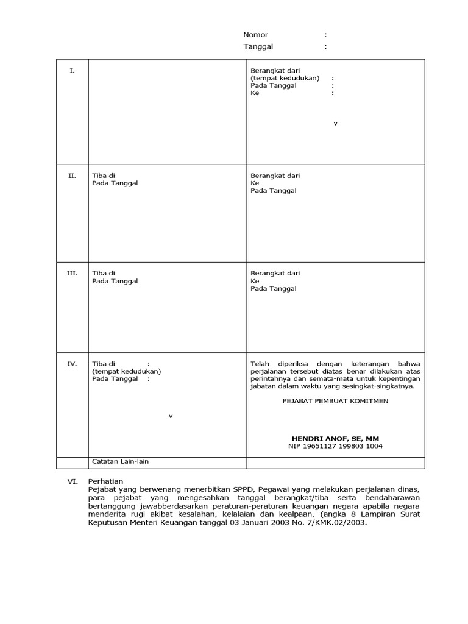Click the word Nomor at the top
pyautogui.click(x=255, y=35)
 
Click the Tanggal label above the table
pyautogui.click(x=258, y=46)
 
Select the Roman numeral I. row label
pyautogui.click(x=72, y=71)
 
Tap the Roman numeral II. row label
pyautogui.click(x=72, y=175)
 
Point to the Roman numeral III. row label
pyautogui.click(x=72, y=273)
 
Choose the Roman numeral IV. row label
pyautogui.click(x=72, y=364)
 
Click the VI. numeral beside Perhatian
pyautogui.click(x=72, y=481)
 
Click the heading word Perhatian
pyautogui.click(x=105, y=481)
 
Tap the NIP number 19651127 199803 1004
pyautogui.click(x=335, y=446)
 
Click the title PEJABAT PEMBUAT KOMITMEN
pyautogui.click(x=335, y=400)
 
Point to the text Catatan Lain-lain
pyautogui.click(x=120, y=461)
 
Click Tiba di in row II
pyautogui.click(x=103, y=175)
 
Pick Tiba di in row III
pyautogui.click(x=103, y=273)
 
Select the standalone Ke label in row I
pyautogui.click(x=255, y=93)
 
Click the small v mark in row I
pyautogui.click(x=335, y=124)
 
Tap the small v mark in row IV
pyautogui.click(x=171, y=416)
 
